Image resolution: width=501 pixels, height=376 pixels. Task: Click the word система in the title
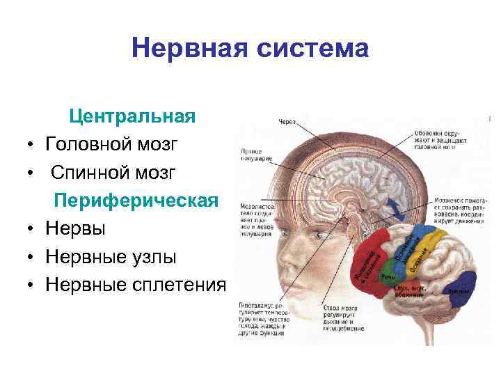click(x=303, y=49)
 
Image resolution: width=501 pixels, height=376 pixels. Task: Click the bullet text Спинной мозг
click(x=113, y=172)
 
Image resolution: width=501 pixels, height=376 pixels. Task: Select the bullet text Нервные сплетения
click(x=136, y=285)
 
